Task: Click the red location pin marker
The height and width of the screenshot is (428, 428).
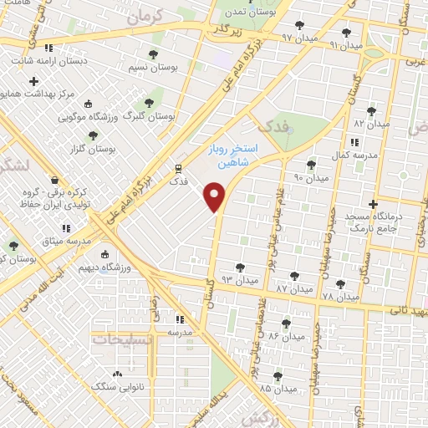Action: click(216, 197)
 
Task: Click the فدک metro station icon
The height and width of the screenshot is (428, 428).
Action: click(177, 166)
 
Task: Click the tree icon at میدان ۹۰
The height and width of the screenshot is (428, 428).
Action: click(312, 165)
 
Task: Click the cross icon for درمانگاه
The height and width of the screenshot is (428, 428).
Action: click(373, 203)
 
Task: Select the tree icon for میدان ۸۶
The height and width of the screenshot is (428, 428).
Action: click(286, 324)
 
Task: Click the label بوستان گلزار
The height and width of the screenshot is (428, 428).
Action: click(93, 149)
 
